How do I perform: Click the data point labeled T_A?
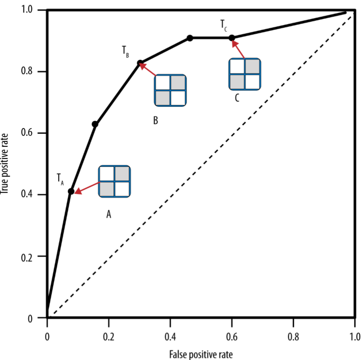point(71,192)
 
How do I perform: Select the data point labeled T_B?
point(140,63)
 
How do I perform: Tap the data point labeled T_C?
point(232,38)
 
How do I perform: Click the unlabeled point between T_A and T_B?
point(95,124)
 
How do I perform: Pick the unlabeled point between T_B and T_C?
point(190,38)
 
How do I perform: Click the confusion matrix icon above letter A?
point(115,181)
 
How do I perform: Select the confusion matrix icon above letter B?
point(170,90)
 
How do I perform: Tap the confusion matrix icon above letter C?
point(245,74)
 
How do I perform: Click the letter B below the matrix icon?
point(155,120)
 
